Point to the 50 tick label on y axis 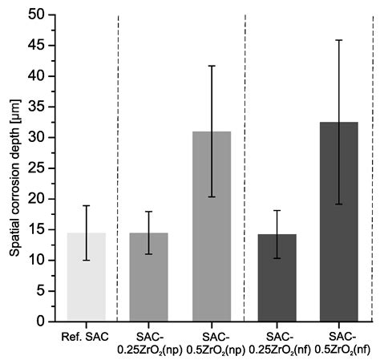(36, 14)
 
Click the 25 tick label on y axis (36, 168)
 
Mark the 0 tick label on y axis (41, 322)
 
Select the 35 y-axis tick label (36, 107)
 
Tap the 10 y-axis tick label (36, 260)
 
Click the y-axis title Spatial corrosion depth (15, 178)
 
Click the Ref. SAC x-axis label (85, 337)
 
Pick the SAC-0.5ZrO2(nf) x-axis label (342, 343)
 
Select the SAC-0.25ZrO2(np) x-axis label (150, 343)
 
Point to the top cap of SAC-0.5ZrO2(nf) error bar (339, 40)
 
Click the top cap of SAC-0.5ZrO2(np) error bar (212, 66)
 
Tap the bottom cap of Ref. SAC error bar (87, 260)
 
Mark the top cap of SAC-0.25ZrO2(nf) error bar (277, 211)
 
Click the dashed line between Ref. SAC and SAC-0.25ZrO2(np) (118, 168)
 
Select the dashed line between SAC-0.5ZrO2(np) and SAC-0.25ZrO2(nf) (245, 168)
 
